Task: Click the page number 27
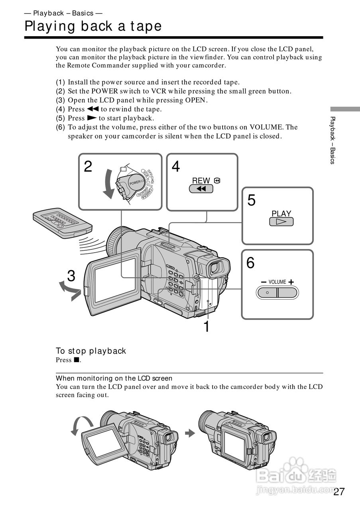pyautogui.click(x=338, y=491)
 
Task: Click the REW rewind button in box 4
pyautogui.click(x=201, y=188)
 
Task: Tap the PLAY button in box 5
pyautogui.click(x=281, y=222)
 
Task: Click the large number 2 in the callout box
pyautogui.click(x=88, y=166)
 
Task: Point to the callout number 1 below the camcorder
pyautogui.click(x=206, y=327)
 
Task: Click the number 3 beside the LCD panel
pyautogui.click(x=71, y=276)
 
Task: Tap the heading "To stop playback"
pyautogui.click(x=91, y=351)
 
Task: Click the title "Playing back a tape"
pyautogui.click(x=93, y=26)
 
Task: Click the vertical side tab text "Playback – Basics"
pyautogui.click(x=332, y=140)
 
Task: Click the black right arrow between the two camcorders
pyautogui.click(x=191, y=433)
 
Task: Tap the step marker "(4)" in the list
pyautogui.click(x=60, y=109)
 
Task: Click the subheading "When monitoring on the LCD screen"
pyautogui.click(x=114, y=378)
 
